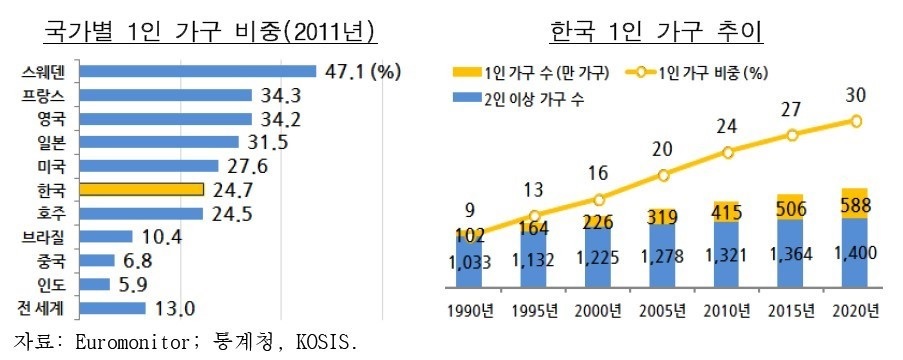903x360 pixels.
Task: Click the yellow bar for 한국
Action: pos(142,190)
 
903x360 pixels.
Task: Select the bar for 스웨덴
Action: pos(198,71)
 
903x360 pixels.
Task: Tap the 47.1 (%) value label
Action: pos(361,71)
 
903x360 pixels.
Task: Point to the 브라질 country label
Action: pos(44,237)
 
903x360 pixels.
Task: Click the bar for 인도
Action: pos(94,285)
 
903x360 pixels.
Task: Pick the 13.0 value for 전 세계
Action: pos(174,309)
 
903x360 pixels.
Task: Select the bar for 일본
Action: pos(159,142)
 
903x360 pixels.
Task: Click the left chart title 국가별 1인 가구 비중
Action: pos(211,32)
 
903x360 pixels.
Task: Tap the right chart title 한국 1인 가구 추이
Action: pos(657,32)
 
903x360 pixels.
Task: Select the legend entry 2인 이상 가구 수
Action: pos(519,100)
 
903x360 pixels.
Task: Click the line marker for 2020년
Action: pos(856,121)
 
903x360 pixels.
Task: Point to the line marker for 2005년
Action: pos(663,176)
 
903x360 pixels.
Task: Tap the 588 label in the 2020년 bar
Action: pos(856,206)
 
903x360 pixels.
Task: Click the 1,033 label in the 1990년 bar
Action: pos(469,263)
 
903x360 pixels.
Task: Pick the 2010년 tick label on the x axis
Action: pos(727,311)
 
